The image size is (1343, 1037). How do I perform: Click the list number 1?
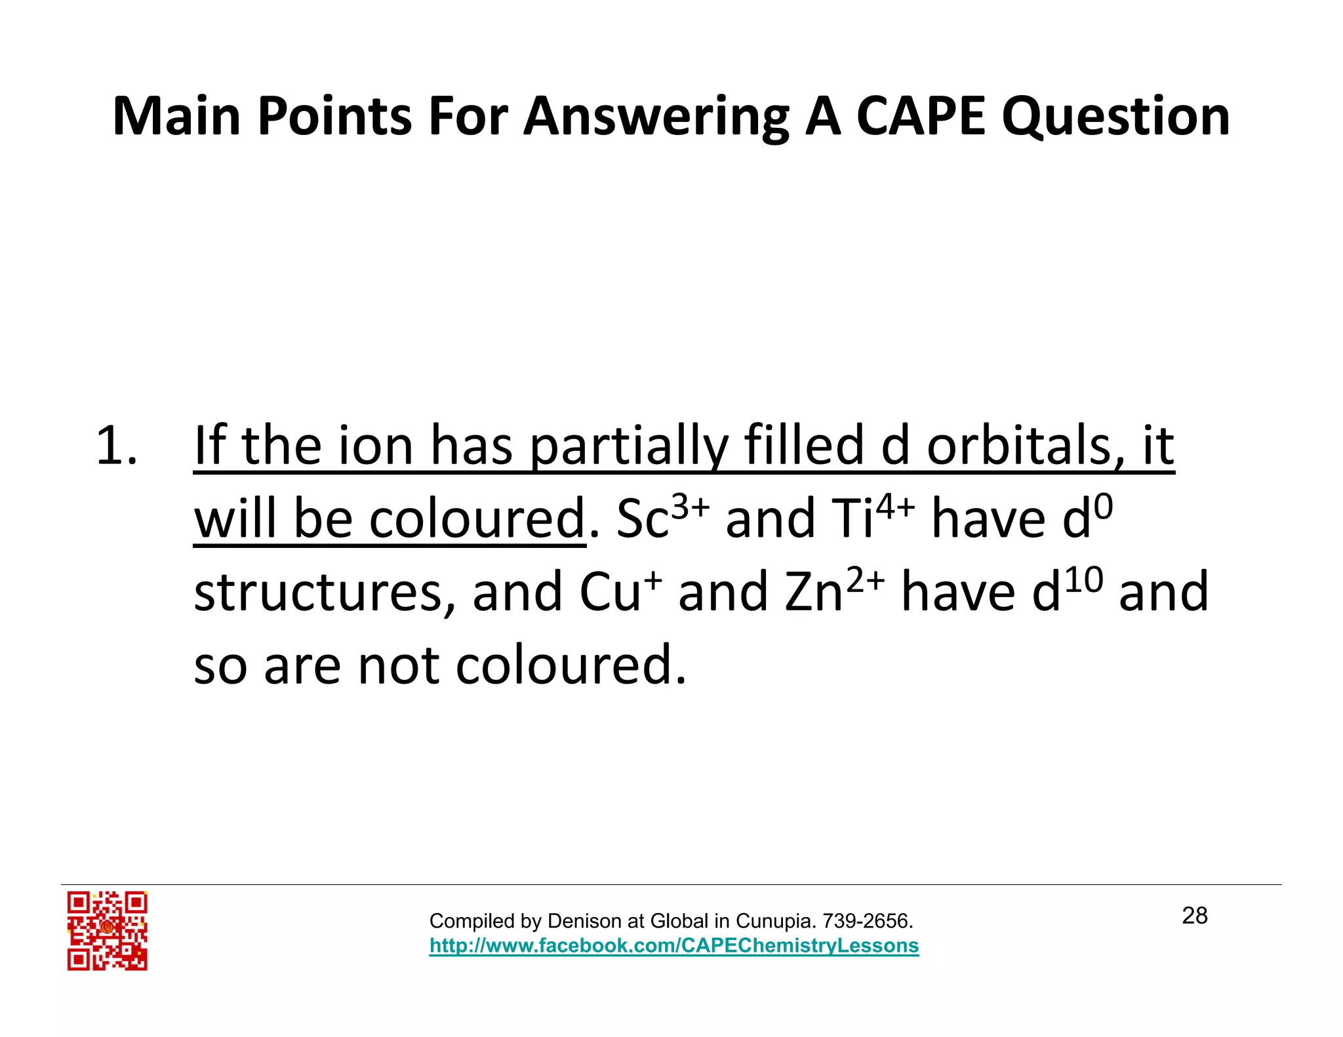point(116,446)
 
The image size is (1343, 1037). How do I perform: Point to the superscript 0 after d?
point(1104,505)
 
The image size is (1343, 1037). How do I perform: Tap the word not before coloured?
point(398,665)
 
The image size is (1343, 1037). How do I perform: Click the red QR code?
point(107,930)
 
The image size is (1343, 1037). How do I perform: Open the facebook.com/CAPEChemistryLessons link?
point(673,945)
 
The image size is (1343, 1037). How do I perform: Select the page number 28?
point(1194,916)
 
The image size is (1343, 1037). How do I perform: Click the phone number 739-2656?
point(866,921)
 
